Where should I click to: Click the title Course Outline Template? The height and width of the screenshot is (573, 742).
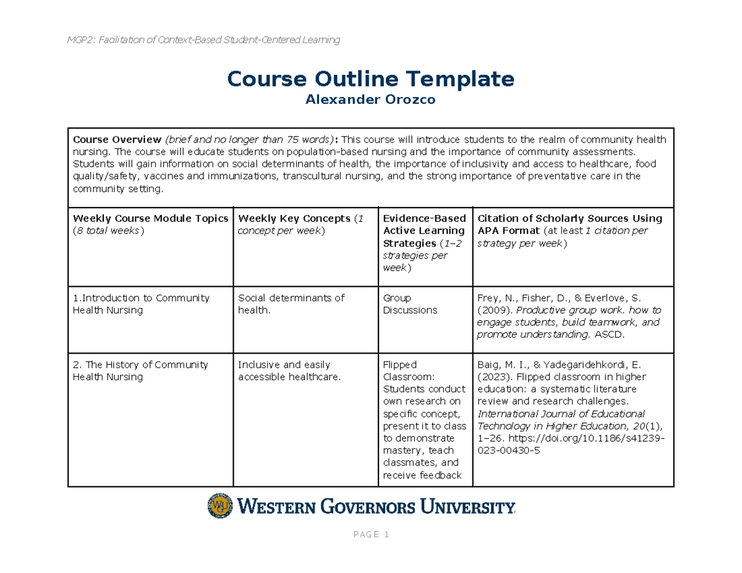point(370,79)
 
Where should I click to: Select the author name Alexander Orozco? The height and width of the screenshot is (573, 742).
point(370,101)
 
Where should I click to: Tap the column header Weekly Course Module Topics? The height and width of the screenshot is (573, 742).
point(151,218)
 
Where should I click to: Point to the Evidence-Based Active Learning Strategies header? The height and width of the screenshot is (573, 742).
point(424,231)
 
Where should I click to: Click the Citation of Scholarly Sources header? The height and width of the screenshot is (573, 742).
point(569,218)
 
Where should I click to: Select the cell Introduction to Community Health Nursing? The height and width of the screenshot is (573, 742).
point(142,303)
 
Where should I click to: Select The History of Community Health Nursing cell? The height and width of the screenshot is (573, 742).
point(140,370)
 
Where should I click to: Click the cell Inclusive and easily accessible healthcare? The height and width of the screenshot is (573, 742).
point(289,370)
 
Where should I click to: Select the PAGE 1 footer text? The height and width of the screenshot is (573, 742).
point(370,535)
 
